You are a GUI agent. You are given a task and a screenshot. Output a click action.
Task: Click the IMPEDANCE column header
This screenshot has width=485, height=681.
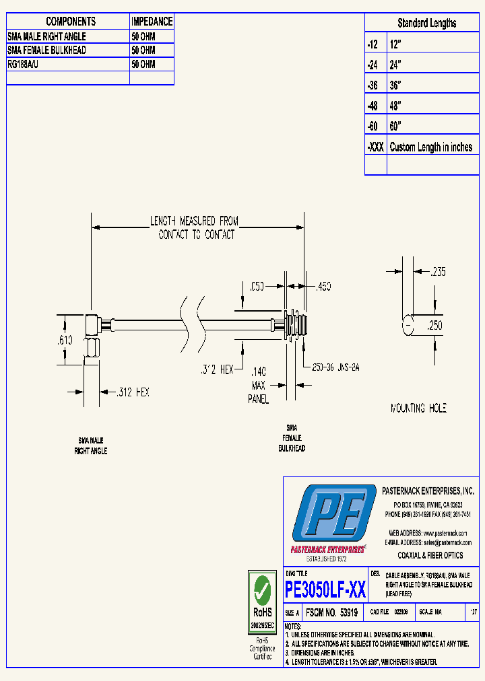click(152, 22)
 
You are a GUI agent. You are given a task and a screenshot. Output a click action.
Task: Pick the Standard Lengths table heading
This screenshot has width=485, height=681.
click(426, 23)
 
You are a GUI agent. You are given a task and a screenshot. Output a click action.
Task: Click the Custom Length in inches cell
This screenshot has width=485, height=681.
click(431, 147)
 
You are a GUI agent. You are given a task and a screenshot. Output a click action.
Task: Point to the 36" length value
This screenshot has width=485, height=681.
click(395, 85)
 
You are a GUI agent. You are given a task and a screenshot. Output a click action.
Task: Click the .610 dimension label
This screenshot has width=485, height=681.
click(65, 341)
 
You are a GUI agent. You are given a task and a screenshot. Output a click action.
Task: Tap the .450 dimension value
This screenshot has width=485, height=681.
click(323, 287)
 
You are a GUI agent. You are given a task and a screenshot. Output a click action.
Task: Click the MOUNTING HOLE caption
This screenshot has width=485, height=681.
click(418, 408)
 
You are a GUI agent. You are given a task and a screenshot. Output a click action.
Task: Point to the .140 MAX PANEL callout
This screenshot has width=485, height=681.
click(259, 385)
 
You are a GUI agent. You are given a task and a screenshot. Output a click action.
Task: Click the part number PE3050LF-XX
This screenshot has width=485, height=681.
click(325, 590)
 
